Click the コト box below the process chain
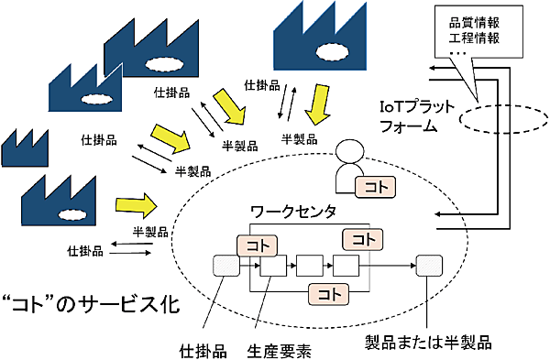coord(326,294)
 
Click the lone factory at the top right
coord(318,35)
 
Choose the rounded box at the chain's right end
coord(428,266)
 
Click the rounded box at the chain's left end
coord(225,267)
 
